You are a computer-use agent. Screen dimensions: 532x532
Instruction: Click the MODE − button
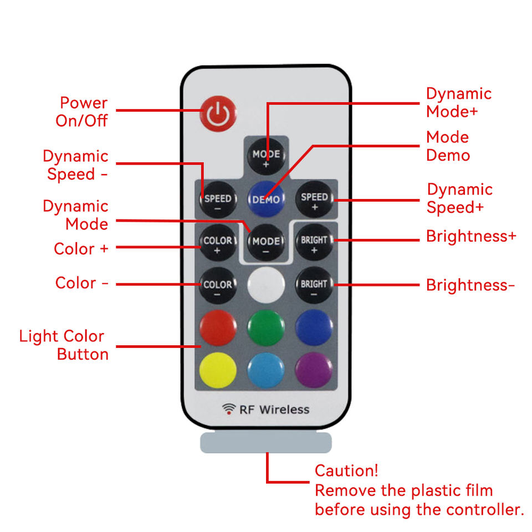point(266,243)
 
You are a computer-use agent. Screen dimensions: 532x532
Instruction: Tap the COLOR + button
point(218,242)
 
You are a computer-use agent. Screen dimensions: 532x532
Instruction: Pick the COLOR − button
point(218,285)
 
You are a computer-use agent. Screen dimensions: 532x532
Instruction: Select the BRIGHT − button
point(314,285)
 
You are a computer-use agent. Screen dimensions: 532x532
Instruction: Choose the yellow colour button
point(218,370)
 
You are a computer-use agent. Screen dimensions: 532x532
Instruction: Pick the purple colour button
point(314,370)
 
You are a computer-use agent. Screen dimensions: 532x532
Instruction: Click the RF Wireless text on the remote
point(274,410)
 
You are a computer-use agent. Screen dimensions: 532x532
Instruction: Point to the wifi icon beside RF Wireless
point(228,409)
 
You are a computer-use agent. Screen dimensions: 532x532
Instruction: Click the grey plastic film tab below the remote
point(266,443)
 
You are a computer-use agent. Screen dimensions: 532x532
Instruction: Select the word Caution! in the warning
point(346,471)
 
